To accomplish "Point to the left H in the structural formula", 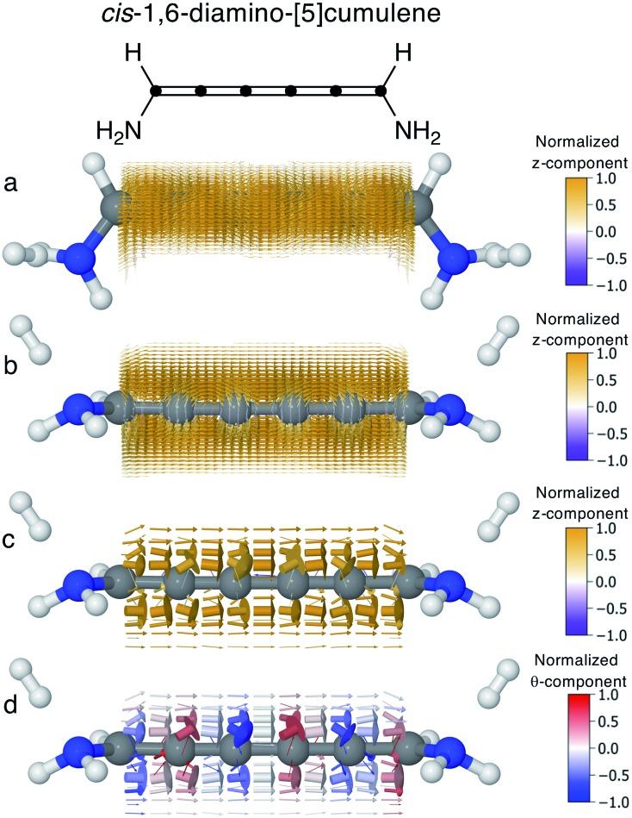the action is (133, 54).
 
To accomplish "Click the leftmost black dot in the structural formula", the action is (155, 90).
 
